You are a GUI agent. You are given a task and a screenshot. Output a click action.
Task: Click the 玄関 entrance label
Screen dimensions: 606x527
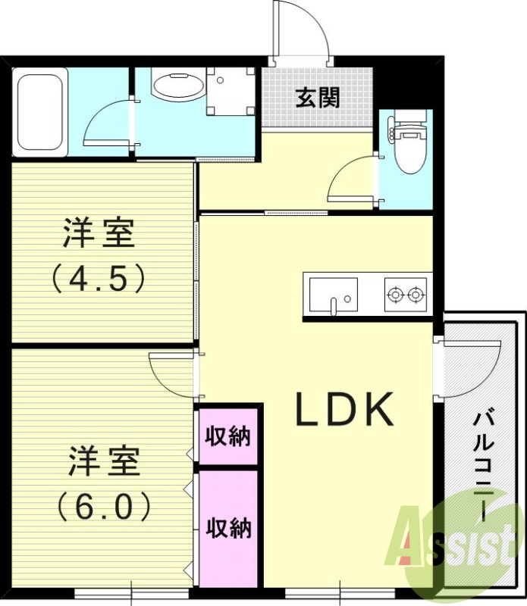317,98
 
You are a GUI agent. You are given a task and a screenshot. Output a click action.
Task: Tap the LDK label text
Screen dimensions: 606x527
344,410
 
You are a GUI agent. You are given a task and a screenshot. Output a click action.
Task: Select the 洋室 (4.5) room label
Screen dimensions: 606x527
99,255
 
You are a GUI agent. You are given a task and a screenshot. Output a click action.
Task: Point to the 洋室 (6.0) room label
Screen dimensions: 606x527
104,483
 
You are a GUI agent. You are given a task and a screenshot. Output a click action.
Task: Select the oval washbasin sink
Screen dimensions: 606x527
178,86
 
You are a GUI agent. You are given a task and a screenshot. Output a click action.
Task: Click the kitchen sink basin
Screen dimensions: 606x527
331,292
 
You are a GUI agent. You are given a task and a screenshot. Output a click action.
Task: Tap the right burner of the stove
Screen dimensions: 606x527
416,294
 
